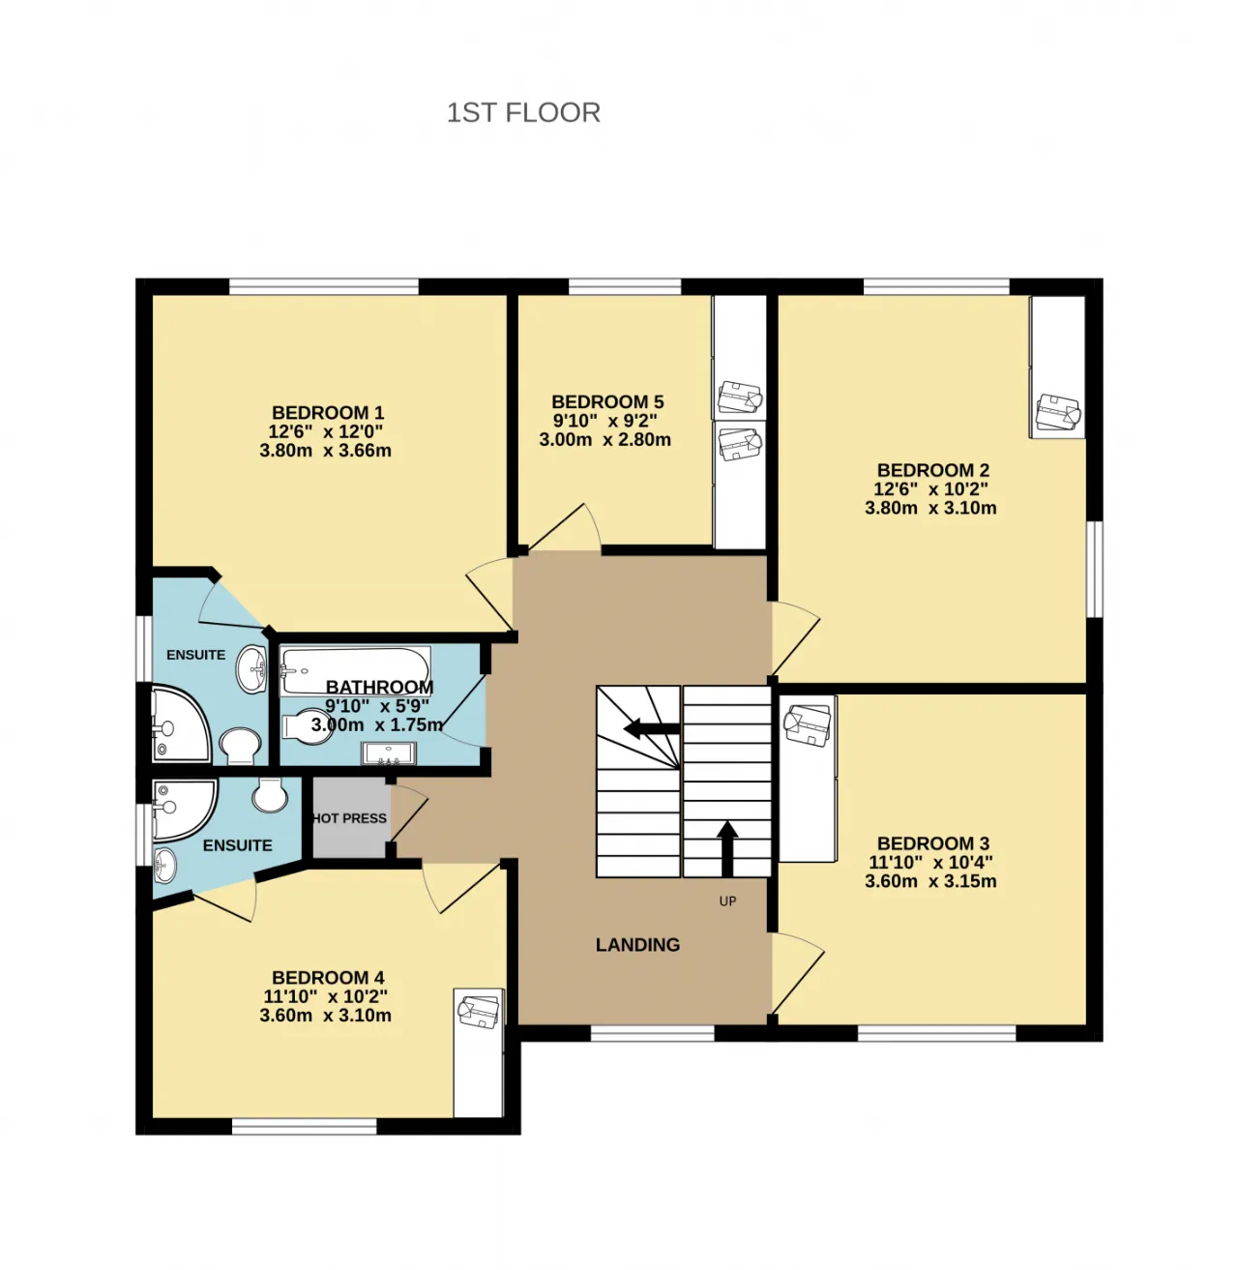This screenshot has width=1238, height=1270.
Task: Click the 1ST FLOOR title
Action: [x=523, y=112]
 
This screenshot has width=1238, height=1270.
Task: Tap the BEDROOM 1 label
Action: [x=328, y=412]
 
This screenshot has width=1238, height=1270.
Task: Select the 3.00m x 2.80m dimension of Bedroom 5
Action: [x=604, y=439]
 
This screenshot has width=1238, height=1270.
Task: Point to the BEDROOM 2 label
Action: [x=933, y=470]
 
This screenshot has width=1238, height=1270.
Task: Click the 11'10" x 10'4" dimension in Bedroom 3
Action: [x=930, y=862]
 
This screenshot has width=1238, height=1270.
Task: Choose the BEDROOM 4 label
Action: [x=328, y=978]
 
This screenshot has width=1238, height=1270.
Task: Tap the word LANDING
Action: [x=637, y=944]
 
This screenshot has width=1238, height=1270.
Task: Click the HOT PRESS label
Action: [x=350, y=818]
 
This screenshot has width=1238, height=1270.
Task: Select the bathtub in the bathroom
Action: [x=355, y=671]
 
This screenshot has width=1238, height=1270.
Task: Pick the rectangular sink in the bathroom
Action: [x=389, y=753]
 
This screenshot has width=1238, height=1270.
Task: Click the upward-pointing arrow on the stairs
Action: [x=727, y=848]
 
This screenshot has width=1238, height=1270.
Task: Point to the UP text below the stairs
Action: [x=727, y=901]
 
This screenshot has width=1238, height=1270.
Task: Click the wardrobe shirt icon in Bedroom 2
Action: [x=1058, y=412]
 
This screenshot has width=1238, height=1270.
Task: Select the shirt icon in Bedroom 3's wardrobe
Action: [x=808, y=724]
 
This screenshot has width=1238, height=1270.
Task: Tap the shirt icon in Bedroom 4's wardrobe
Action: [x=479, y=1011]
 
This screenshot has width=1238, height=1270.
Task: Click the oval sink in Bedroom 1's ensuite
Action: [x=251, y=669]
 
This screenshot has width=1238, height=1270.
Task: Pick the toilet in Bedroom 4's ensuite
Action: [x=270, y=794]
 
